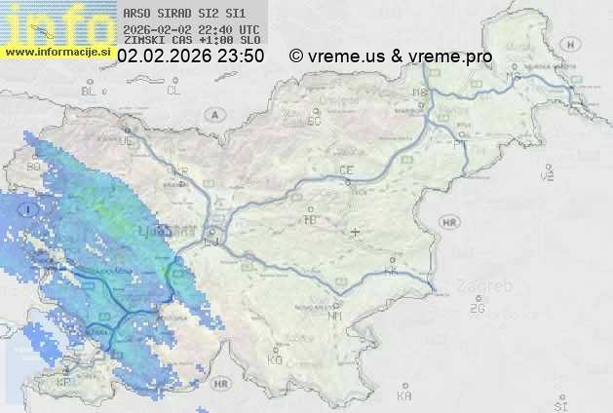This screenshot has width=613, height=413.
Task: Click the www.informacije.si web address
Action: [57, 52]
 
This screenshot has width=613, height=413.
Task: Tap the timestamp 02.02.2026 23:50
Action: [190, 56]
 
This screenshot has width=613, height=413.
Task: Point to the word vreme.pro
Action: [452, 56]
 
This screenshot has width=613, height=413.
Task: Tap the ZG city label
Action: [477, 309]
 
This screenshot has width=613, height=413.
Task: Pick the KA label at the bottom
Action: [404, 396]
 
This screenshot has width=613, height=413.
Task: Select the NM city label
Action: [336, 316]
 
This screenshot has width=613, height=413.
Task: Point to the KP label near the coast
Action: [64, 383]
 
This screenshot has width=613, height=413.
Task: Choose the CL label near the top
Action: [174, 91]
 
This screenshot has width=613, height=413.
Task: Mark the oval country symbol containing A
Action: [213, 114]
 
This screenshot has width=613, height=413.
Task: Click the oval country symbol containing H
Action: [576, 45]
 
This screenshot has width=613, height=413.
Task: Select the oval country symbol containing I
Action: [31, 207]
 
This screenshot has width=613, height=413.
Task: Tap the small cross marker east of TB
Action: [356, 232]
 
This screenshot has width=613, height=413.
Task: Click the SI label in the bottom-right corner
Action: [559, 402]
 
